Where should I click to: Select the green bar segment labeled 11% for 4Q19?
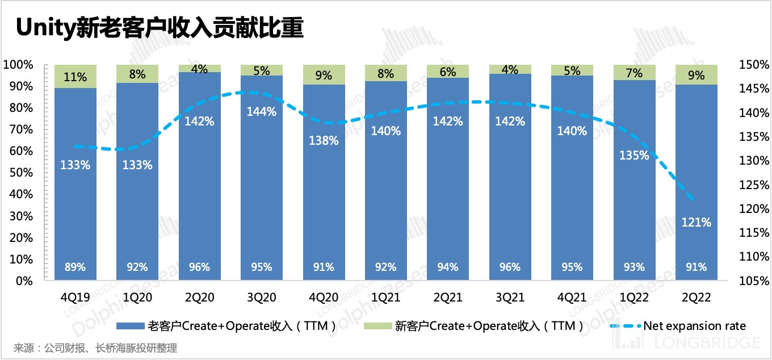point(75,77)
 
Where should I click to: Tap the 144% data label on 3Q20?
point(262,112)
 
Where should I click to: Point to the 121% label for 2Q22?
point(697,223)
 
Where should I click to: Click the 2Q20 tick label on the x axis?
point(199,297)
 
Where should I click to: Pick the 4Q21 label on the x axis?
point(572,297)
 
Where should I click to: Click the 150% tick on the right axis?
point(754,65)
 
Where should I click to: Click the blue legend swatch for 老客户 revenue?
point(130,326)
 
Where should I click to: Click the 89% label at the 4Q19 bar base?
point(75,267)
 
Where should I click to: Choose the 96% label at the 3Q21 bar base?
point(510,267)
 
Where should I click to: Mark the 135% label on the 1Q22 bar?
point(634,156)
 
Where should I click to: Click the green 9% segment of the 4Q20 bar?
point(324,75)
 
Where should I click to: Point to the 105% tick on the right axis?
point(754,281)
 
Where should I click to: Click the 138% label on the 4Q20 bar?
point(324,140)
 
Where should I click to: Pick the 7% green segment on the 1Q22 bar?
point(634,73)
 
